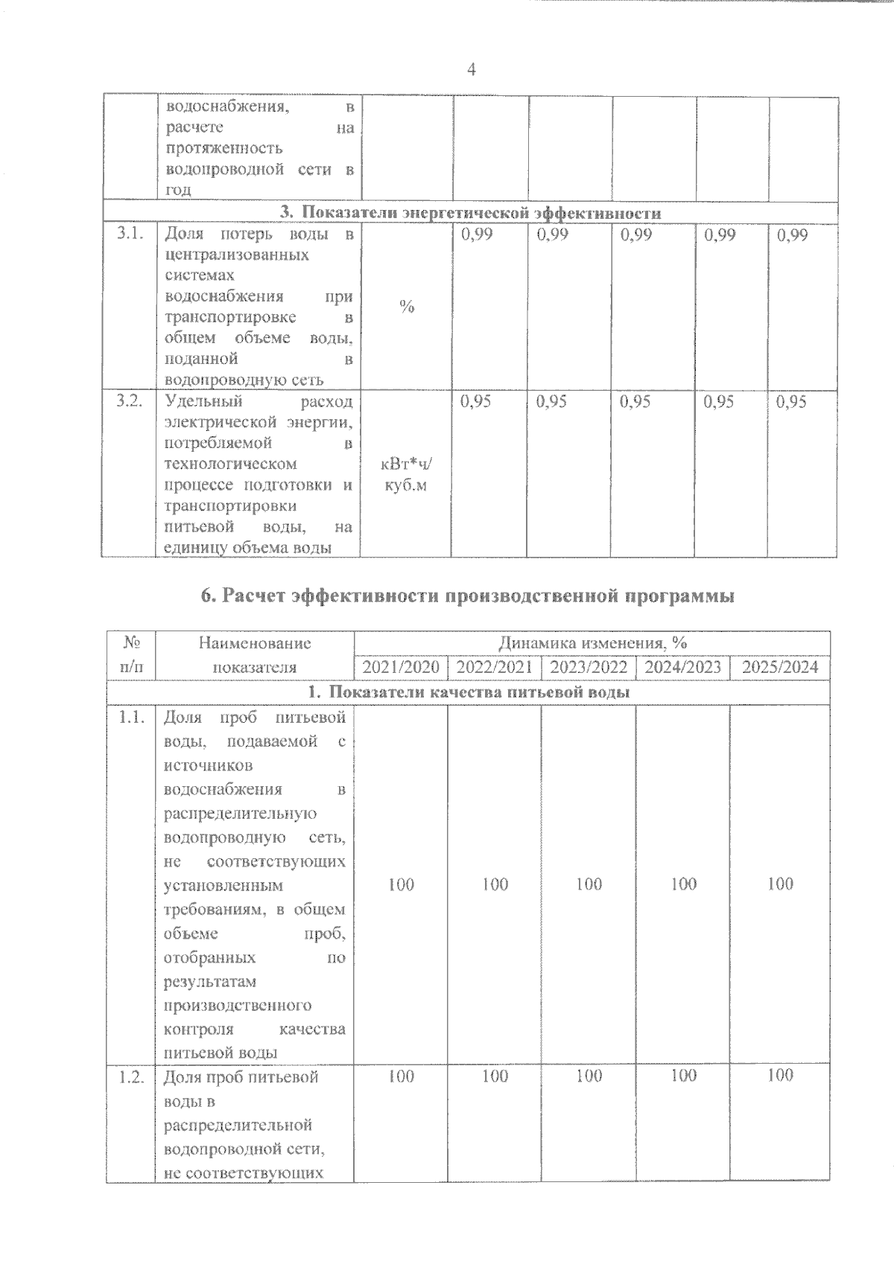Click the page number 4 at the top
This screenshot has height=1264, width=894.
click(x=471, y=70)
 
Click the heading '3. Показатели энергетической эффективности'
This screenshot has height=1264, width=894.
click(x=470, y=214)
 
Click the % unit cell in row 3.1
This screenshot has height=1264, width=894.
click(x=406, y=307)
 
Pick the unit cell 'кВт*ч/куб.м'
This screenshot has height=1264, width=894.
click(x=406, y=474)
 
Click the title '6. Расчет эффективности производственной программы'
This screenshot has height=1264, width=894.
click(x=467, y=596)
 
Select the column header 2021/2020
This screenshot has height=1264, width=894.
click(x=401, y=666)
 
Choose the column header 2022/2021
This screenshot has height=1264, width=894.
click(x=494, y=666)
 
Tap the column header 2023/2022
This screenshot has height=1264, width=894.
click(x=589, y=666)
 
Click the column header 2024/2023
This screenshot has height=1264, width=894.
click(x=683, y=666)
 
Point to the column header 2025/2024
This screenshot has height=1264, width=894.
click(x=780, y=666)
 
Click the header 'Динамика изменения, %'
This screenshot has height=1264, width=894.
click(x=592, y=642)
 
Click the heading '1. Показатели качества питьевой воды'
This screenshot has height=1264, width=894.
click(x=469, y=692)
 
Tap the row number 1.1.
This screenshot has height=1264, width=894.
click(x=131, y=718)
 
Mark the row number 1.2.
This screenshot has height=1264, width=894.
click(x=131, y=1077)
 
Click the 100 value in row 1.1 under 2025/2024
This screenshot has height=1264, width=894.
click(x=780, y=884)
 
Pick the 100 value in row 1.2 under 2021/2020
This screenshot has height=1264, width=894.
click(x=401, y=1076)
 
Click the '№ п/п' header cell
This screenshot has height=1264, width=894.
click(x=131, y=654)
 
